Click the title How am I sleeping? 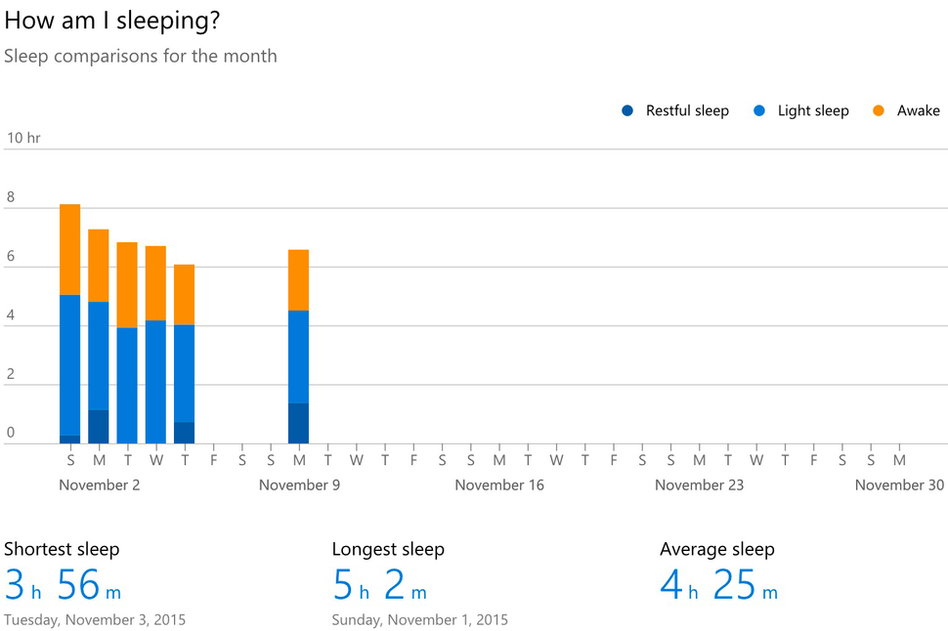(x=111, y=21)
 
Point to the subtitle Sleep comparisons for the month (x=140, y=56)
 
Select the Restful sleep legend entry (x=675, y=110)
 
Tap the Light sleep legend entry (x=801, y=110)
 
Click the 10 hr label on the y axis (x=23, y=138)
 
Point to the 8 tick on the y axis (x=11, y=197)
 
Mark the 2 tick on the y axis (x=11, y=373)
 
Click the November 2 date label (x=99, y=484)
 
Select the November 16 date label (x=499, y=484)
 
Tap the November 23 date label (x=699, y=484)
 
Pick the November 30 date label (x=899, y=484)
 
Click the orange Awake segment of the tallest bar (x=70, y=249)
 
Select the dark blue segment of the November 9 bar (x=299, y=423)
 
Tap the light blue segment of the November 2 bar (x=99, y=356)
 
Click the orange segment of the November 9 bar (x=299, y=279)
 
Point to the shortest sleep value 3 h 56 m (x=63, y=584)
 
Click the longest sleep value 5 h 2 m (x=379, y=584)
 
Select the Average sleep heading (x=716, y=549)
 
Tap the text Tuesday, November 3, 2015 (x=95, y=619)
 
